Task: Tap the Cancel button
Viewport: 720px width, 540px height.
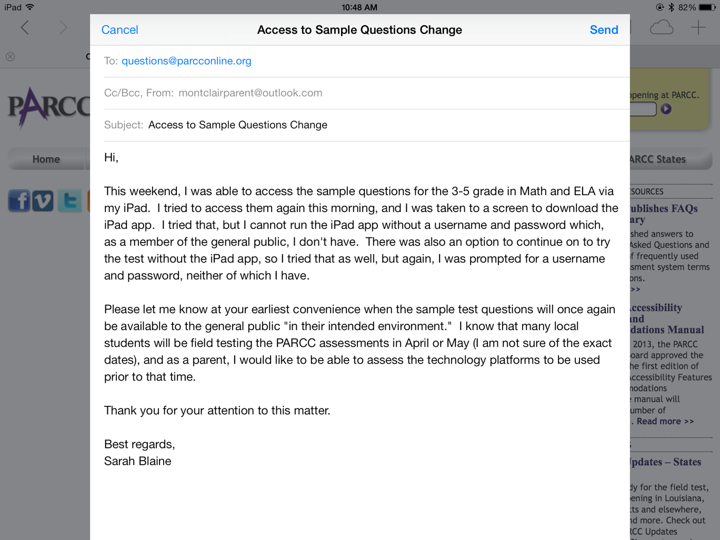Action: (x=119, y=30)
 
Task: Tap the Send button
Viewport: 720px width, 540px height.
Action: (x=604, y=30)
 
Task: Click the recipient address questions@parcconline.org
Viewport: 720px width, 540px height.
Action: (x=186, y=61)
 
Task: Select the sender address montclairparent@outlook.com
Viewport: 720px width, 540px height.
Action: (x=250, y=93)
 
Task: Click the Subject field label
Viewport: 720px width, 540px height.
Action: (x=124, y=125)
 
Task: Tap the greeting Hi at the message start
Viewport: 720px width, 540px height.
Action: (x=111, y=157)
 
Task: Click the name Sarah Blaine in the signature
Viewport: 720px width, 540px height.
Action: (x=137, y=461)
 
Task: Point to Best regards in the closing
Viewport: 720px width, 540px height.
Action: (x=139, y=444)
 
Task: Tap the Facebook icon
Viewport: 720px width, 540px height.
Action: (x=19, y=201)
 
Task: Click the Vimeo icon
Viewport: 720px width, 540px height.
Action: (x=43, y=201)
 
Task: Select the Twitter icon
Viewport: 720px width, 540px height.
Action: (x=69, y=201)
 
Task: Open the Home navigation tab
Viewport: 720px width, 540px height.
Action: (x=46, y=159)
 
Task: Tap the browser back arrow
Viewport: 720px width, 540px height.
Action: (x=25, y=27)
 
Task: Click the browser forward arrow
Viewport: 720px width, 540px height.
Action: (x=63, y=27)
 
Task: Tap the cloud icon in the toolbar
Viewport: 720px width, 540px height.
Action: (x=662, y=27)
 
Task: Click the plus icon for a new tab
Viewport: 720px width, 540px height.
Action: (x=698, y=27)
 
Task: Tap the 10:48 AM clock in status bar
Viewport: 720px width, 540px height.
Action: (x=359, y=7)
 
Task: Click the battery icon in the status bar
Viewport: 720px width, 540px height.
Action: (x=707, y=7)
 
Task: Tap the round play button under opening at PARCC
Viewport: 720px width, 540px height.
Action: (x=666, y=109)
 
